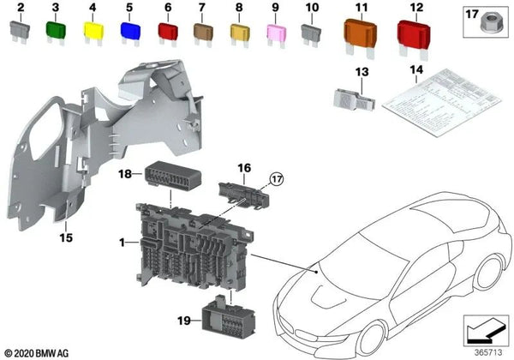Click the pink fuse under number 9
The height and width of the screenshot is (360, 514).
pos(276,34)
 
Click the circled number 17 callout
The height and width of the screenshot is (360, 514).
pos(276,179)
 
